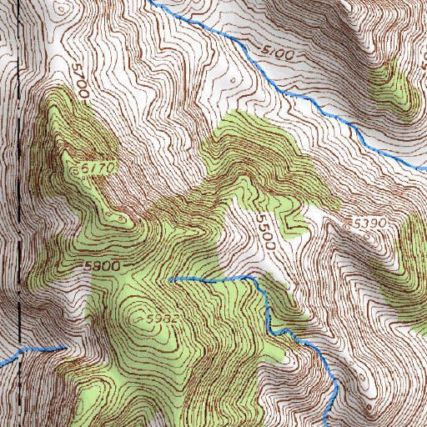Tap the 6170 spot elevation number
tap(102, 169)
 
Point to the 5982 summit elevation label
tap(163, 319)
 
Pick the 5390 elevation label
tap(369, 226)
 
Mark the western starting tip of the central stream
tap(170, 279)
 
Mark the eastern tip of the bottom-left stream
tap(64, 345)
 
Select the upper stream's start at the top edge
tap(154, 2)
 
